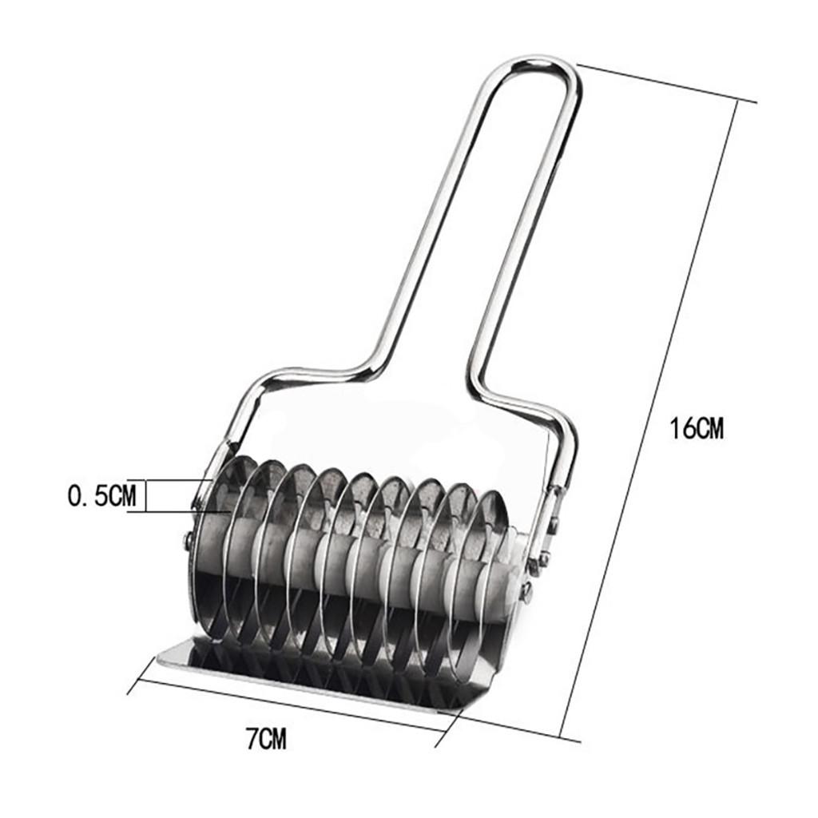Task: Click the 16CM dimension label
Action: coord(697,429)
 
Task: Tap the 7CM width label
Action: coord(266,739)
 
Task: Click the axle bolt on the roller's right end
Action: coord(526,592)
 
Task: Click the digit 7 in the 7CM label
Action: coord(251,739)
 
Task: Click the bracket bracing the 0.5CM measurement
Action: coord(144,495)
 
